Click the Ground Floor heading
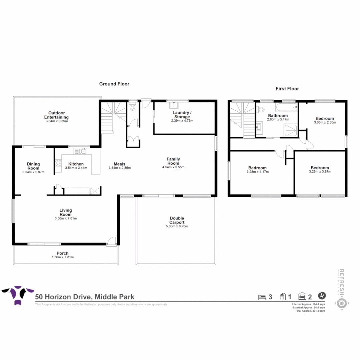tap(114, 84)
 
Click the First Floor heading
tap(287, 89)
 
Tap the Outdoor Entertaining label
tap(56, 115)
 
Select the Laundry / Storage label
tap(181, 115)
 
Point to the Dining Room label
tap(33, 166)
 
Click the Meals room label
tap(119, 164)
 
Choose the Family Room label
tap(173, 161)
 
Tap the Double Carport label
tap(176, 220)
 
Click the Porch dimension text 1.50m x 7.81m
tap(63, 257)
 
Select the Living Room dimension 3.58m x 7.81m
tap(66, 219)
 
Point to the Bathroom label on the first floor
tap(278, 116)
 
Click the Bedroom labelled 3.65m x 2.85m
tap(325, 119)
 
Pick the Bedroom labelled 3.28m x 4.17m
tap(257, 168)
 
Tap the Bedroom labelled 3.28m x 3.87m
tap(320, 168)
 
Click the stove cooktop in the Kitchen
tap(58, 163)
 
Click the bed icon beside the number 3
tap(262, 297)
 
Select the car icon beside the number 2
tap(302, 296)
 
